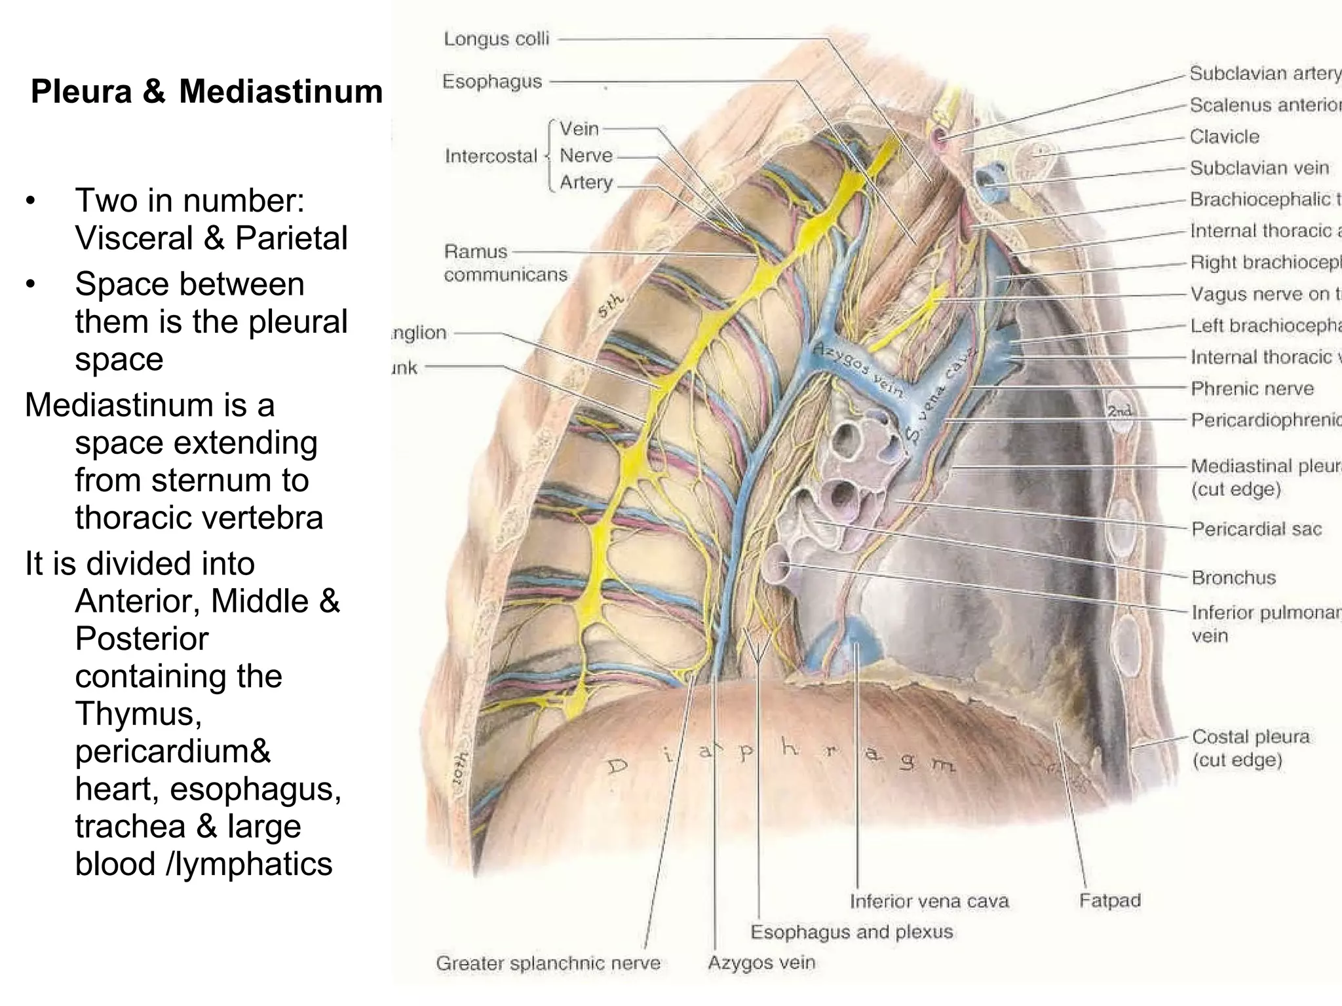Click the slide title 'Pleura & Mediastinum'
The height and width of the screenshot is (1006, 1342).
pos(206,92)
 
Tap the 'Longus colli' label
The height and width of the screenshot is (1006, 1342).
pos(496,39)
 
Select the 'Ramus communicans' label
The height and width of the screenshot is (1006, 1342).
pos(505,263)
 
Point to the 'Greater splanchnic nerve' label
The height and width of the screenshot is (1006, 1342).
pos(548,963)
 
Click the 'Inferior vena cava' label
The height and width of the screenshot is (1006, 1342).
pos(929,901)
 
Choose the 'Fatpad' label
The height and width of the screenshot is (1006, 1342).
pos(1110,901)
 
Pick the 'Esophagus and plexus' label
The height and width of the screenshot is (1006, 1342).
pos(851,931)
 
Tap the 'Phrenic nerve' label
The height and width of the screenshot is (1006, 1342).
pos(1252,388)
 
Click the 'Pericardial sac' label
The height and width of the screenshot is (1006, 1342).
pos(1256,529)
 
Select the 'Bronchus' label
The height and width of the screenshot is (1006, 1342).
pos(1234,577)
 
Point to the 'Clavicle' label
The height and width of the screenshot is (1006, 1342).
pos(1224,136)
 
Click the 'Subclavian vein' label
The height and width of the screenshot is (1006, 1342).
pos(1259,168)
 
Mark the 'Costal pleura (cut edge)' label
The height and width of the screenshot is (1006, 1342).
pos(1250,748)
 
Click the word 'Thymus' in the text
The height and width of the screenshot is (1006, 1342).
pos(138,713)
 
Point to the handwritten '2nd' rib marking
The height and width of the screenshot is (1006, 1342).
pos(1119,411)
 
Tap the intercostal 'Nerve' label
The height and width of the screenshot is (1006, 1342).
pos(586,156)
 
